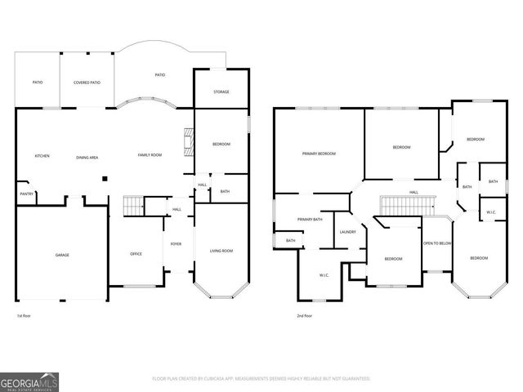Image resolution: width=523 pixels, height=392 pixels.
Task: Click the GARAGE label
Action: point(61,255)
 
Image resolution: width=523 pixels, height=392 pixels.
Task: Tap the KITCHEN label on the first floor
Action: point(42,156)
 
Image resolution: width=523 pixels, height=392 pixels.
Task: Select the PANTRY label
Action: point(26,194)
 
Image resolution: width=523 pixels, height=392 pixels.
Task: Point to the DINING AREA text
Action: point(87,156)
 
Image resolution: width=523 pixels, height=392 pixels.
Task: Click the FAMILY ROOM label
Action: point(149,154)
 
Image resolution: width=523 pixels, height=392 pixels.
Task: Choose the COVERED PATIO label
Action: point(87,82)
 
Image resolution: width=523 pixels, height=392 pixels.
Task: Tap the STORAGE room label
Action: point(221,91)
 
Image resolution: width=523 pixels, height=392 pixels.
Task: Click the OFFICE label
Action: point(136,254)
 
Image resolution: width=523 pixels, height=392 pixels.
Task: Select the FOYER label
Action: point(176,244)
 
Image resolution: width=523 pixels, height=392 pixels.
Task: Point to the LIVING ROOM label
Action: point(221,251)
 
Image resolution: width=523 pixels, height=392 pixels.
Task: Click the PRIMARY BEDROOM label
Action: point(319,154)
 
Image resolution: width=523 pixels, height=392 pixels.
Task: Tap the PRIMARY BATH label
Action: point(310,219)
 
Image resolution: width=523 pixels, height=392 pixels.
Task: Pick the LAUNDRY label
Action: point(347,232)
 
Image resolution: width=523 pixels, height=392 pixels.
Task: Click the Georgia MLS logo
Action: point(29,381)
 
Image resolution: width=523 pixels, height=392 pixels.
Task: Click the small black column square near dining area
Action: point(105,178)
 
